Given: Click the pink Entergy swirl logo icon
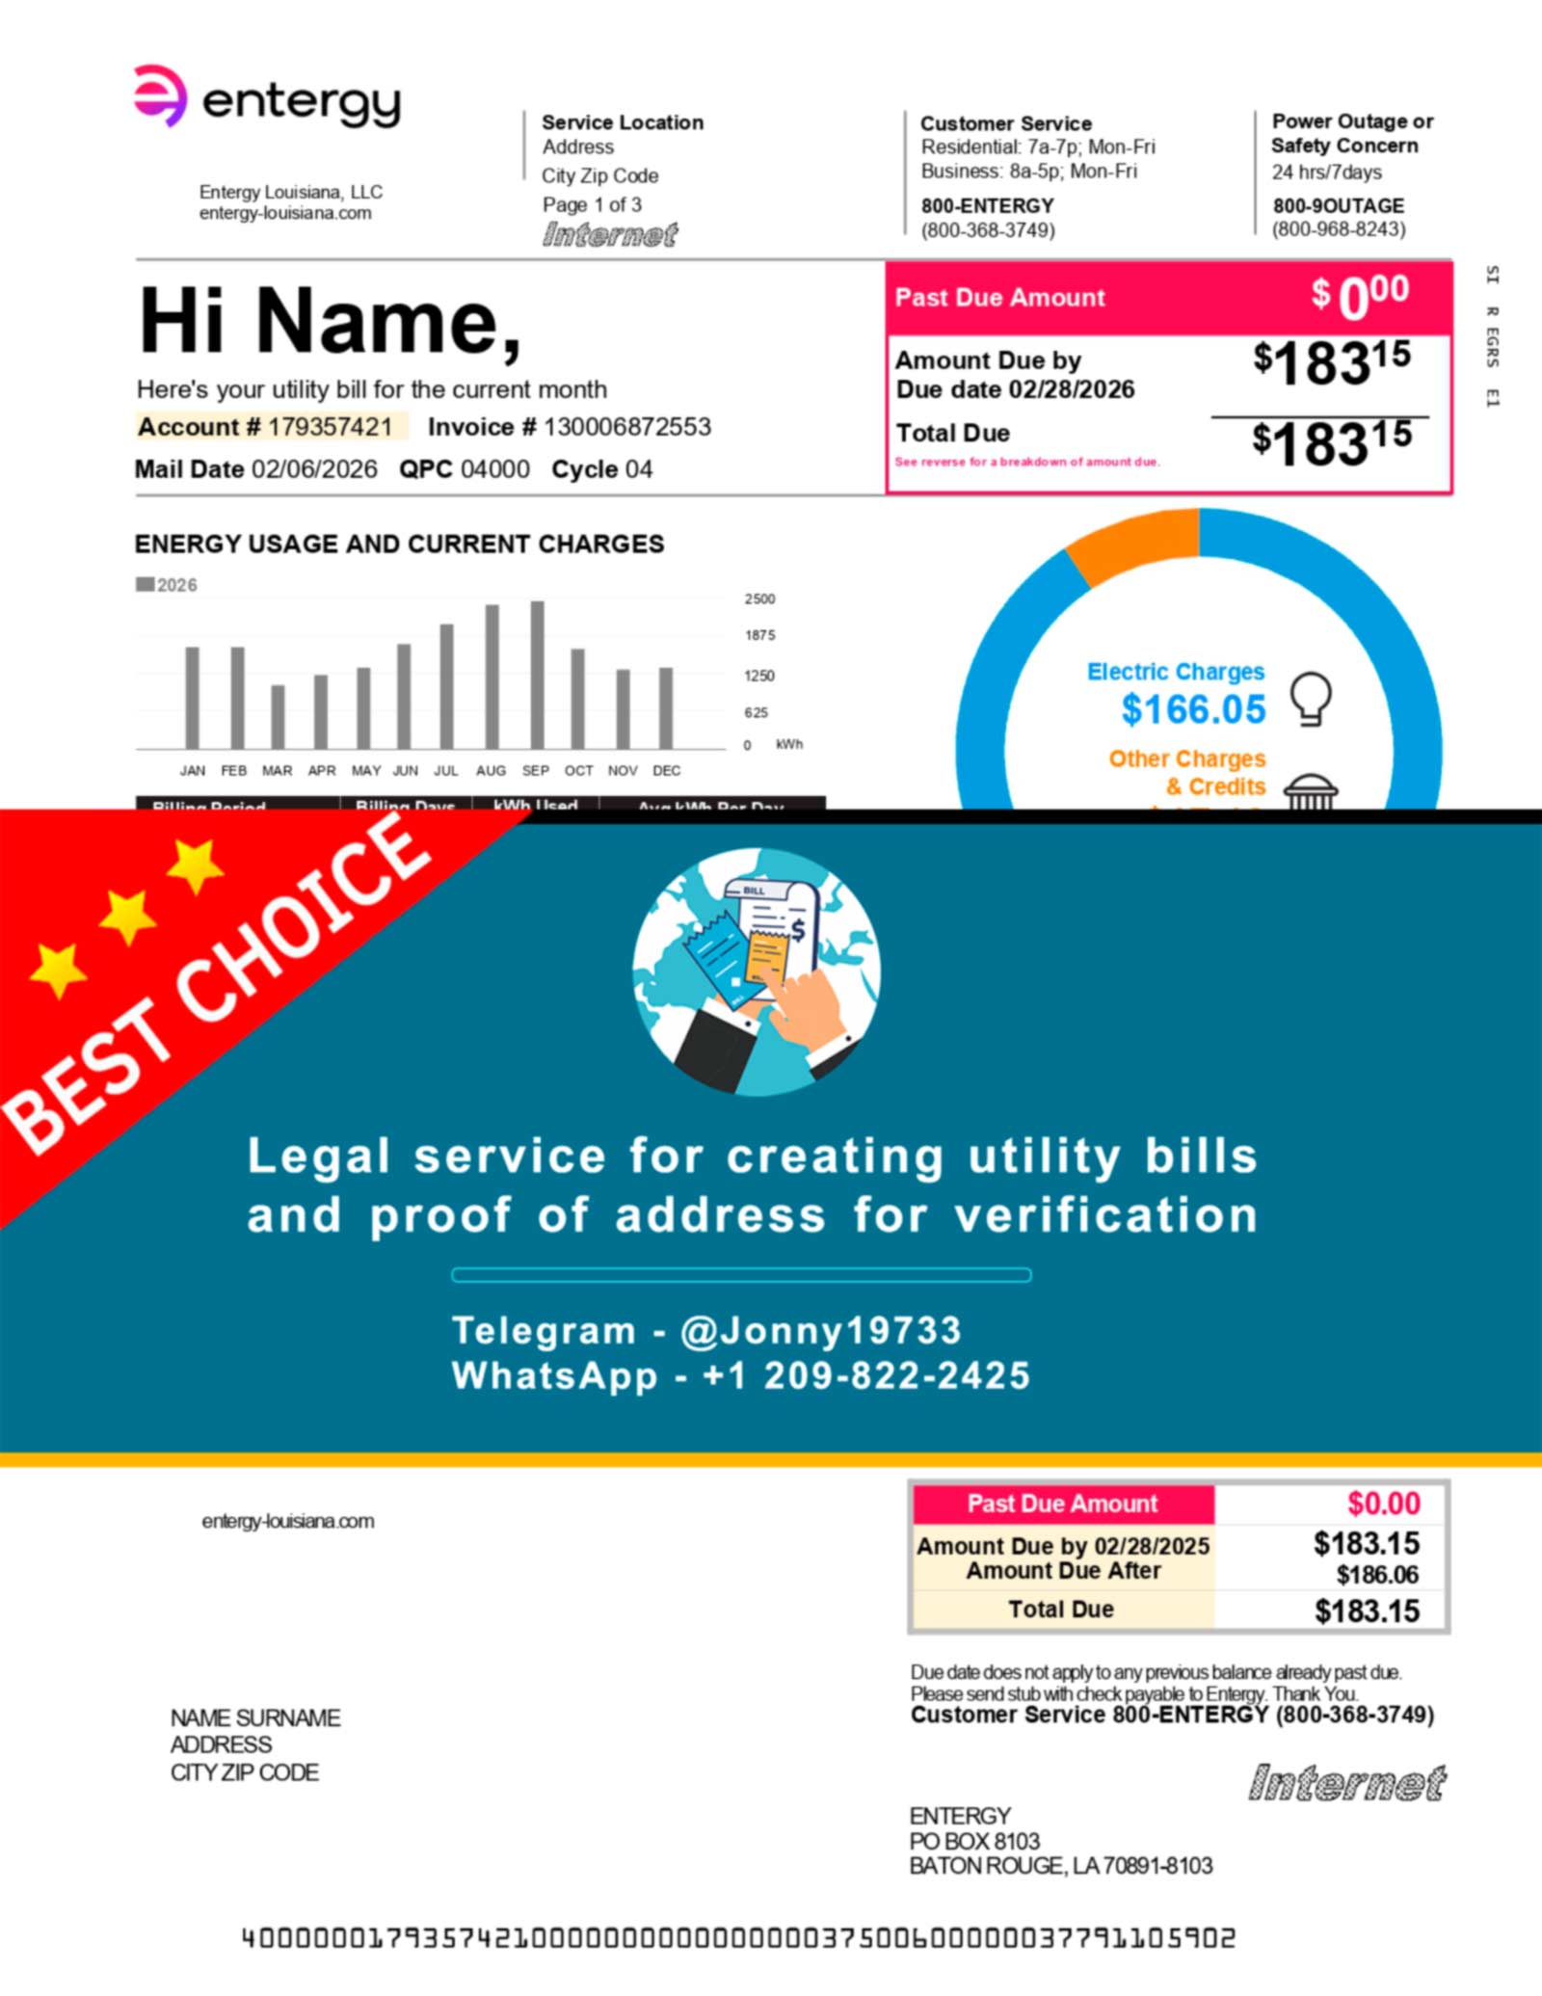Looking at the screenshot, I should (x=159, y=95).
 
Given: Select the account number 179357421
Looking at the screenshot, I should (x=330, y=427).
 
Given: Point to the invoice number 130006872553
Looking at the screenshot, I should (x=626, y=427).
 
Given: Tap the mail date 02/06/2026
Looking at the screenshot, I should (x=314, y=469).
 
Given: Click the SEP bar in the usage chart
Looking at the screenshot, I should (x=537, y=675).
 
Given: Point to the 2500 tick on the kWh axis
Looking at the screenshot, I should (x=759, y=599).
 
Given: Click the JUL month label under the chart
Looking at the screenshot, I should (x=446, y=771).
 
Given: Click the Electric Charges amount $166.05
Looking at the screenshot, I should (x=1193, y=710).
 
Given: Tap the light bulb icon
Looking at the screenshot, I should (x=1311, y=698).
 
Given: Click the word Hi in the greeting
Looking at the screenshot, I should (x=183, y=321).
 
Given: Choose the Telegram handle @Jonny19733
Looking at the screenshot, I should (x=820, y=1331).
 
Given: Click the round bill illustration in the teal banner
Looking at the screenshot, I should (x=757, y=971).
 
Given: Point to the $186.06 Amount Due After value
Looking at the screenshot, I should (x=1377, y=1575).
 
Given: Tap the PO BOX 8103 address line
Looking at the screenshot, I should (x=974, y=1841).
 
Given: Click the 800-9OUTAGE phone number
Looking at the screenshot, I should (x=1338, y=206).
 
